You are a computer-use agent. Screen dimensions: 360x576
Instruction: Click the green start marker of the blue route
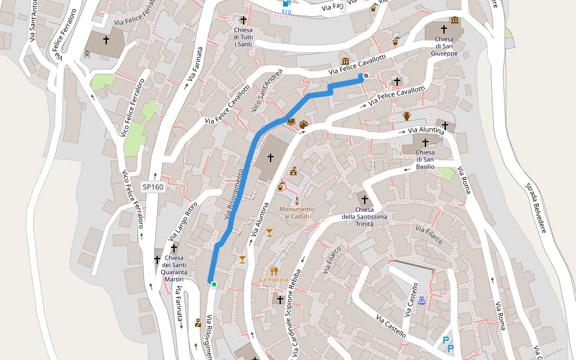tap(214, 284)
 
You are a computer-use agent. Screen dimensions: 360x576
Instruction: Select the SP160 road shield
tap(152, 187)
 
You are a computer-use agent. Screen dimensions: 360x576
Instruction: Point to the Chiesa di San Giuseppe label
tap(444, 46)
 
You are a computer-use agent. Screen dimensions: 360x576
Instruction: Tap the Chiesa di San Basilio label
tap(425, 159)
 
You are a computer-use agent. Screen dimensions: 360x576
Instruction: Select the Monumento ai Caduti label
tap(296, 212)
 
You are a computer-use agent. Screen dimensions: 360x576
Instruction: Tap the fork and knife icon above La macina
tap(274, 270)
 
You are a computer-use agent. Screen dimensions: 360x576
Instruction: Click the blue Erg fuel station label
tap(286, 11)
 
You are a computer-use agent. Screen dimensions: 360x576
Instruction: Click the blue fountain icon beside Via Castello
tap(422, 300)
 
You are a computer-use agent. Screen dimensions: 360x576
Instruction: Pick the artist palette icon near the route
tap(303, 124)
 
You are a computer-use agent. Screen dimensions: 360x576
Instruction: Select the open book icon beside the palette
tap(291, 122)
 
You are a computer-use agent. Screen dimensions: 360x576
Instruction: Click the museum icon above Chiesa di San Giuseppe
tap(454, 20)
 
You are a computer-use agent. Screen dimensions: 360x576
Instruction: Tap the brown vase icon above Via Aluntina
tap(406, 116)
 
